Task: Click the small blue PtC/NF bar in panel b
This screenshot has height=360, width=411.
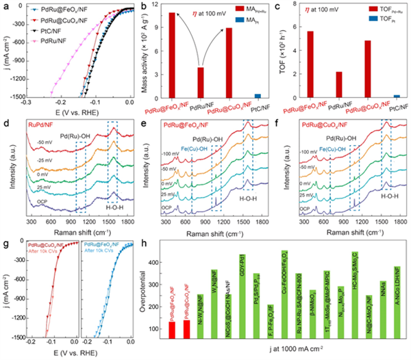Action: point(258,96)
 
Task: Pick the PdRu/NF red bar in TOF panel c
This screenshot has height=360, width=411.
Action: point(338,85)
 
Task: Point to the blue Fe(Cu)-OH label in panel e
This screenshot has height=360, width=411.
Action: point(206,150)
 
